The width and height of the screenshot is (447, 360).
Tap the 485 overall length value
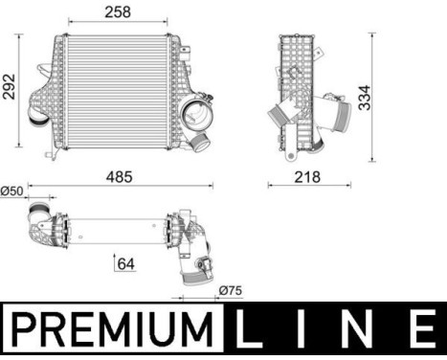119,177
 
